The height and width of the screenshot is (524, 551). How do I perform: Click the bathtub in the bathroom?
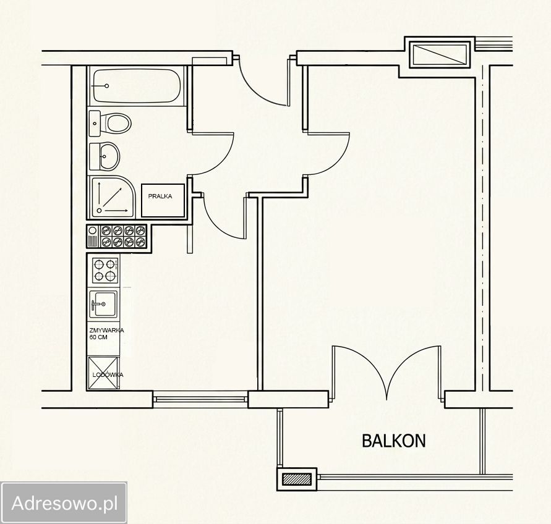(137, 86)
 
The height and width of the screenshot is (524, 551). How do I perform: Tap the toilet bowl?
(119, 123)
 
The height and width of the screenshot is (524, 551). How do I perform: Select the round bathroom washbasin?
(109, 156)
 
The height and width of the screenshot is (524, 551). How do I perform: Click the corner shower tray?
(112, 197)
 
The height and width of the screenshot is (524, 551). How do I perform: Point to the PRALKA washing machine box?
(163, 200)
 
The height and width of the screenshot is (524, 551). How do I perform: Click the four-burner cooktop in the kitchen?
(105, 271)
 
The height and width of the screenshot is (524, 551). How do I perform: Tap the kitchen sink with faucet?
(103, 304)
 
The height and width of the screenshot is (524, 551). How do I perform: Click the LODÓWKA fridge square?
(103, 373)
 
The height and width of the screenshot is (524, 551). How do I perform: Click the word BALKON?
(393, 441)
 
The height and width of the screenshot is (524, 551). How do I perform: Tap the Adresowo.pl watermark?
(64, 503)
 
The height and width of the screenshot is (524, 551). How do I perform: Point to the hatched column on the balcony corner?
(297, 480)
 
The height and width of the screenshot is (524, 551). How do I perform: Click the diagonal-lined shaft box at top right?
(441, 54)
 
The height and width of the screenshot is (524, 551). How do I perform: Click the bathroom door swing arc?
(221, 159)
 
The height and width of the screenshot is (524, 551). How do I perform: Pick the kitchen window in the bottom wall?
(200, 399)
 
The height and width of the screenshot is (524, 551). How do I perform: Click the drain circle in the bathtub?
(107, 86)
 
